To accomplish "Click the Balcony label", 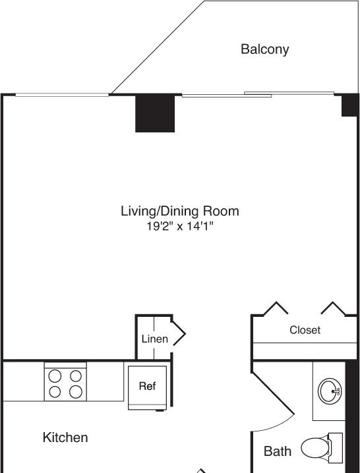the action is tap(264, 49).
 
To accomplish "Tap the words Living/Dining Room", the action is tap(180, 211).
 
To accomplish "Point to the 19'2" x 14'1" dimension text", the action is tap(180, 226).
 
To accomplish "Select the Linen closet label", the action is tap(155, 339).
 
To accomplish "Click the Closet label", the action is tap(305, 330).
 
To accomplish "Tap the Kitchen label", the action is tap(65, 437).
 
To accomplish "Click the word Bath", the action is tap(277, 451).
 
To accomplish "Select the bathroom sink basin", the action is tap(330, 391).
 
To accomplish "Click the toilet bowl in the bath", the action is tap(315, 448).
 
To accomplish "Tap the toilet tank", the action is tap(336, 448).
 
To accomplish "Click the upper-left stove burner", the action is tap(55, 376).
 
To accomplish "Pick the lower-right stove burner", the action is tap(76, 392).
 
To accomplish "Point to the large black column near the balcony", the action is tap(155, 114).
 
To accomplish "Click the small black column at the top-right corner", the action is tap(349, 105).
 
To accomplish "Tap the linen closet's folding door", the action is tap(179, 333).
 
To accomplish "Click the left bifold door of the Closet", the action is tap(276, 308).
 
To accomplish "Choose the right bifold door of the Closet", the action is tap(333, 308).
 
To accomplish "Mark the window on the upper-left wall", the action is tap(62, 95).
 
